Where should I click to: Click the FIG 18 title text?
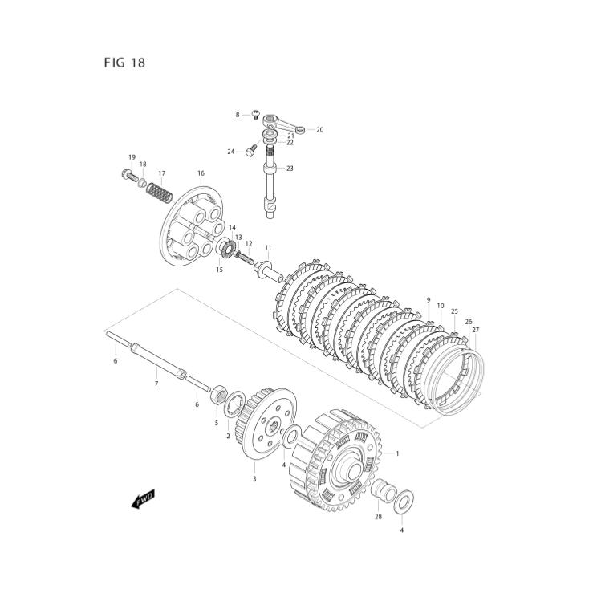[x=124, y=62]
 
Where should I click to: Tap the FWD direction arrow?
[x=143, y=498]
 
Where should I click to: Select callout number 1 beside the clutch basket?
[x=396, y=454]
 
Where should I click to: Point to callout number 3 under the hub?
[x=254, y=479]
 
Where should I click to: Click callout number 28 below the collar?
[x=378, y=518]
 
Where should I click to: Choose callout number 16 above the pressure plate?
[x=201, y=173]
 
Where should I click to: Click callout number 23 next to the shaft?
[x=290, y=169]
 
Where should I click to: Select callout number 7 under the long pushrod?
[x=156, y=384]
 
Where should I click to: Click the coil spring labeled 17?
[x=162, y=194]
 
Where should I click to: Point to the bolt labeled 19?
[x=128, y=174]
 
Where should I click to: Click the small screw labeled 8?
[x=254, y=114]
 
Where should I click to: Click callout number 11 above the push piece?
[x=268, y=248]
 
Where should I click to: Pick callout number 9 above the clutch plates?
[x=429, y=300]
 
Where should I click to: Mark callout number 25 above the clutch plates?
[x=454, y=311]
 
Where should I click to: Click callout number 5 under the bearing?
[x=216, y=423]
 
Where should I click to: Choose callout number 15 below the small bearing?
[x=219, y=270]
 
